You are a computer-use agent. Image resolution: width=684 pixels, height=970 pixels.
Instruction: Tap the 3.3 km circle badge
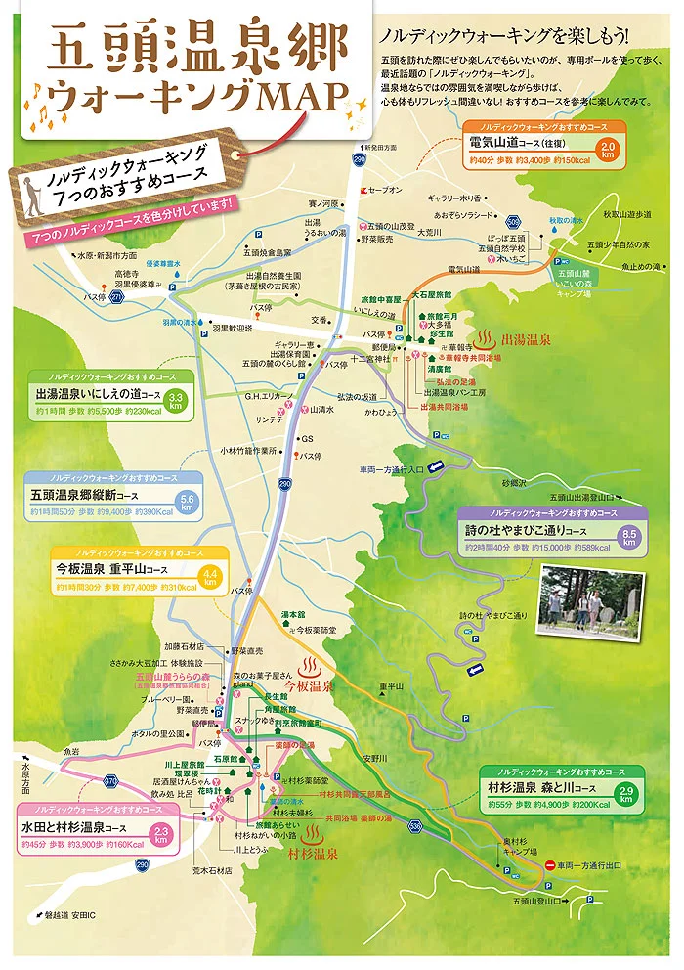click(176, 401)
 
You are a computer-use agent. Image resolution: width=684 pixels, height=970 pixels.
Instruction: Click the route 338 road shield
click(415, 826)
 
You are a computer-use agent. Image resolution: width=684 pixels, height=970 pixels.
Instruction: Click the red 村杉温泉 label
click(313, 854)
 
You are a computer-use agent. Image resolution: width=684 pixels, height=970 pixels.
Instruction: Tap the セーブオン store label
click(386, 188)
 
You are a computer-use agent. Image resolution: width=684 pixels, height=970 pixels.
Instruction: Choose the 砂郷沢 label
click(514, 483)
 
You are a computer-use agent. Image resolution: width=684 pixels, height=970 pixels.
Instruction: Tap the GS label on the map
click(307, 439)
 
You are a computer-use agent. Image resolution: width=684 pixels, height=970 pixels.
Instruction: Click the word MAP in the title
click(302, 95)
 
